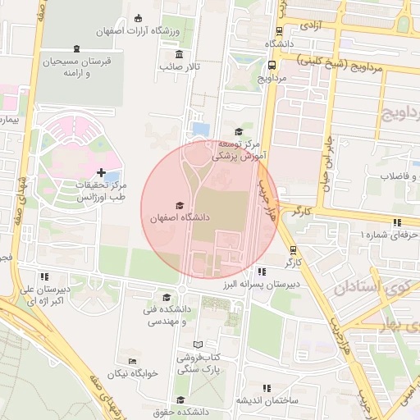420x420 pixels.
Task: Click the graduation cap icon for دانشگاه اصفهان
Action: tap(180, 205)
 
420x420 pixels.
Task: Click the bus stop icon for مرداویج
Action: tap(272, 65)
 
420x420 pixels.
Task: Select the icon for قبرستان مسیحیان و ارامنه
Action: tap(76, 48)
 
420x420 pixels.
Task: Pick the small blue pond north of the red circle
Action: tap(199, 130)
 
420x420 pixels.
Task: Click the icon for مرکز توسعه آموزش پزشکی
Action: tap(239, 131)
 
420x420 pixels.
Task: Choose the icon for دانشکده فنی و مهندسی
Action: tap(167, 297)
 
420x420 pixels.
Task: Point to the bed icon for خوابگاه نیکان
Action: tap(132, 361)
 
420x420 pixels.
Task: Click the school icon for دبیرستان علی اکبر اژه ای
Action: tap(44, 276)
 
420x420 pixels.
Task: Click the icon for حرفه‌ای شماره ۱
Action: tap(397, 222)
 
